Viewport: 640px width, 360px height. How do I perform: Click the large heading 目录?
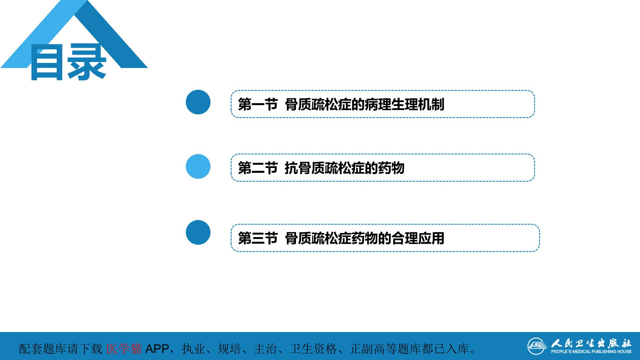point(68,62)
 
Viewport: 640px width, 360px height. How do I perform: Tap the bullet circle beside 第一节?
point(198,102)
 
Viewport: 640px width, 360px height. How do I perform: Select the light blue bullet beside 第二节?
point(198,166)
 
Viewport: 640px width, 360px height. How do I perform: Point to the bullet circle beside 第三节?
point(198,232)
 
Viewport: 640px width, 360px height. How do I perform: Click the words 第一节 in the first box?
point(258,104)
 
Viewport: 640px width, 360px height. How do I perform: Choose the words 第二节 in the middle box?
point(258,168)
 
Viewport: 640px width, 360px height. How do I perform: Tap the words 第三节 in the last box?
point(258,238)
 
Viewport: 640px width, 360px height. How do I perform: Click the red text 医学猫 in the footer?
point(124,349)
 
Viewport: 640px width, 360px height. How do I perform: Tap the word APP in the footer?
point(157,349)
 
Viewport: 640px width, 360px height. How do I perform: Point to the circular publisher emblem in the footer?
point(537,346)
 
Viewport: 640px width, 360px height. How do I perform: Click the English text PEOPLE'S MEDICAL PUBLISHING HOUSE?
point(591,351)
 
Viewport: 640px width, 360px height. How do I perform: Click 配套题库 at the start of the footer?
point(43,349)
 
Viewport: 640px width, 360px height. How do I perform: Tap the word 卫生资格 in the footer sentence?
point(313,349)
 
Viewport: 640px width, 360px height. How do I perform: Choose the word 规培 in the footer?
point(229,349)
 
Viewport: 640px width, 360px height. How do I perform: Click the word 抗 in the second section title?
point(291,168)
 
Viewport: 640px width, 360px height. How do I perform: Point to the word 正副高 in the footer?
point(368,349)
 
